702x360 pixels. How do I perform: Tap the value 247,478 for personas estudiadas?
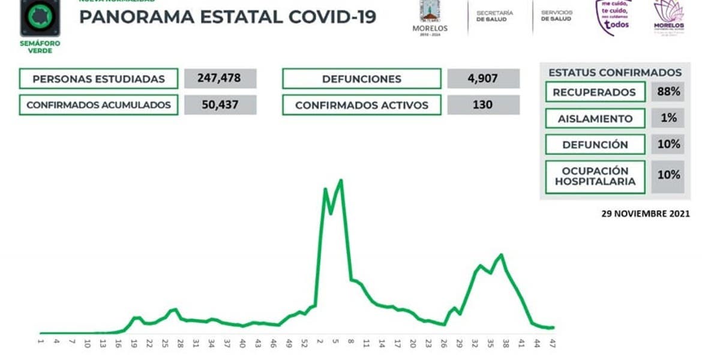pos(220,79)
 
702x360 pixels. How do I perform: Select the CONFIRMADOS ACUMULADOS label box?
pos(98,105)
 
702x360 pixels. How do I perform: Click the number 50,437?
pos(220,105)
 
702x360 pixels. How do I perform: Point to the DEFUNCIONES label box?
pos(361,79)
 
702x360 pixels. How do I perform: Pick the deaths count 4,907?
pos(483,79)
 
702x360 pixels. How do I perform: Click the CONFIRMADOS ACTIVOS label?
pos(361,105)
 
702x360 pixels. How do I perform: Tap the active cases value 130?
pos(483,105)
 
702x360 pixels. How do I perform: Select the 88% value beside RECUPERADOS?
pos(667,92)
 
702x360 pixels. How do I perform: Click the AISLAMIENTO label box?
pos(595,118)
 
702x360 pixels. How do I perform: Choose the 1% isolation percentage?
pos(667,118)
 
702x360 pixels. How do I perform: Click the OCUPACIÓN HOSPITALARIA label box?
pos(595,176)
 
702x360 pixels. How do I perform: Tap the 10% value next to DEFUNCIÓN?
pos(667,145)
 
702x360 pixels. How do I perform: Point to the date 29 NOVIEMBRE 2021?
pos(645,214)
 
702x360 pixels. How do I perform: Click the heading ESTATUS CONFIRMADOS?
pos(614,73)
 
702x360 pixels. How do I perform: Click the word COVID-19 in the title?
pos(332,17)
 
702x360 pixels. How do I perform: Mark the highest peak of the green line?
pos(341,180)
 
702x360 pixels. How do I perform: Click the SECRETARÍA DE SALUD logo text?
pos(494,16)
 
